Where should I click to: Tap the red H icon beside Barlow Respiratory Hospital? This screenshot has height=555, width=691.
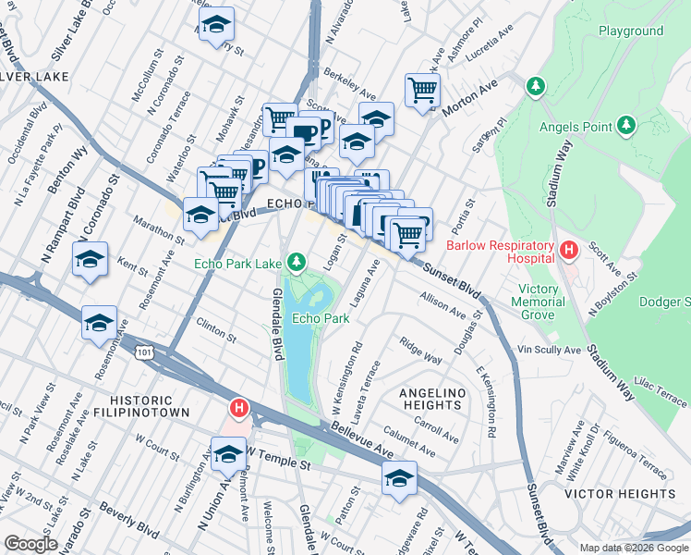click(568, 250)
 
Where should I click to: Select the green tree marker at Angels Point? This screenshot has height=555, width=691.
click(625, 124)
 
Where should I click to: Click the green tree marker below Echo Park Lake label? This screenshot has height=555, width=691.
click(297, 264)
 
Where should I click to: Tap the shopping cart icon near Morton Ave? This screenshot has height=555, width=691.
click(422, 91)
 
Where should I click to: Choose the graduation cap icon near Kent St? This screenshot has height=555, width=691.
click(91, 260)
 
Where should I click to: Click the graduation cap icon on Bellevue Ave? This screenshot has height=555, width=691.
click(399, 478)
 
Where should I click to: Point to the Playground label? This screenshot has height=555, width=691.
click(631, 31)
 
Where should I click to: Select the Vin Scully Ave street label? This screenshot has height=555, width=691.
click(549, 351)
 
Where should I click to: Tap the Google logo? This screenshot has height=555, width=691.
click(30, 543)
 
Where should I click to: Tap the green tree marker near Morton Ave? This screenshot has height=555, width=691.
click(534, 86)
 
